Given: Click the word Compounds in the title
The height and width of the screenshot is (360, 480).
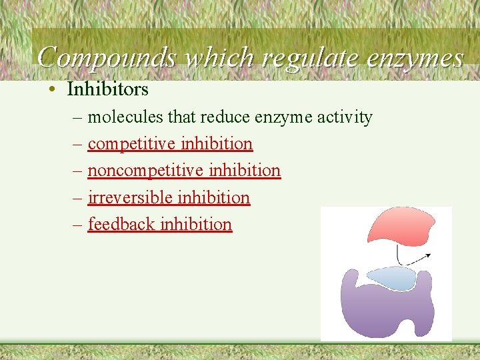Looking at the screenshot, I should [106, 59].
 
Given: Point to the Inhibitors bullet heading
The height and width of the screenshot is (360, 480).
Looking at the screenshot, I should [107, 89].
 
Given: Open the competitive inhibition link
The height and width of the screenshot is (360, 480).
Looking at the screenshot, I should [170, 144].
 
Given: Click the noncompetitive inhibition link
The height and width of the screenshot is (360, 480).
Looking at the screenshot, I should [184, 171].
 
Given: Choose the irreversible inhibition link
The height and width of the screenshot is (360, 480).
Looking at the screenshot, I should [169, 198].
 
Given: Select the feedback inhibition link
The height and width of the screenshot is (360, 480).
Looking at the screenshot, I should [160, 225].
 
